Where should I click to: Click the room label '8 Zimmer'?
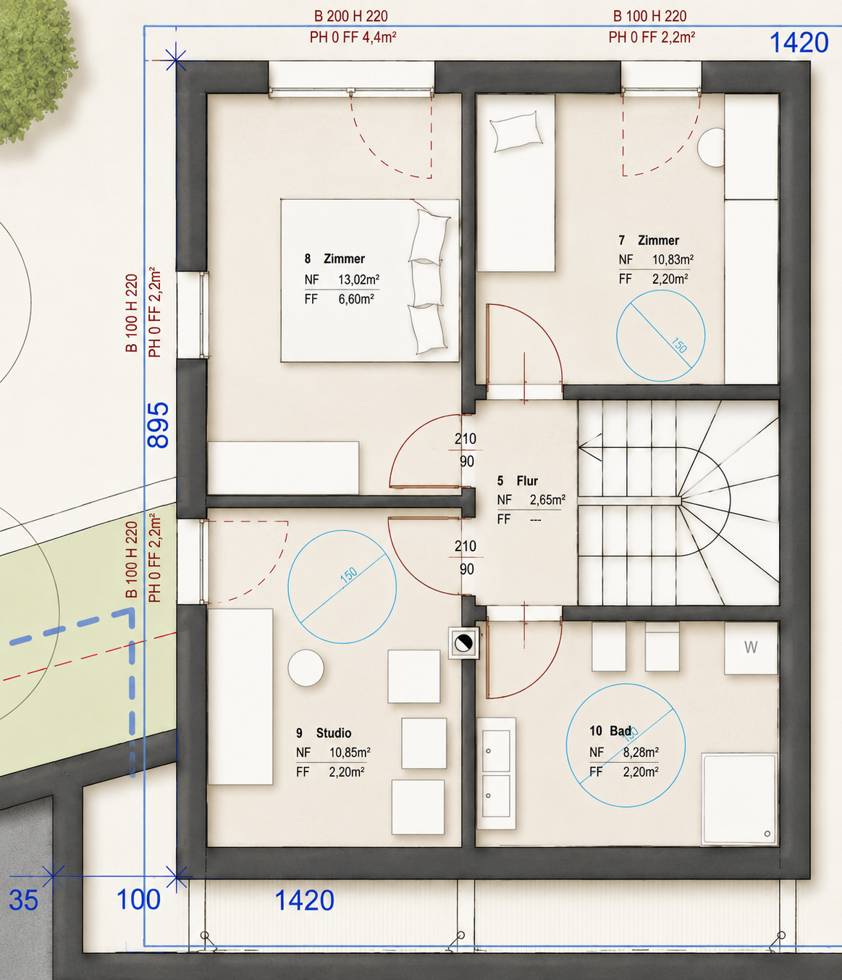click(x=334, y=259)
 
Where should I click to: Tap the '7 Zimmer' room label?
click(x=649, y=240)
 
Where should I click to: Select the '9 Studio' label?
click(x=324, y=733)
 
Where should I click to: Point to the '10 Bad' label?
click(x=610, y=731)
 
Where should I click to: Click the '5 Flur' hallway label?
click(x=517, y=481)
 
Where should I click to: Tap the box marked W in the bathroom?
click(x=751, y=648)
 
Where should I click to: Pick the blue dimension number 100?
click(x=138, y=900)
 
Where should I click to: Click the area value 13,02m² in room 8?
click(x=358, y=280)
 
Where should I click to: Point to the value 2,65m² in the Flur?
click(x=547, y=500)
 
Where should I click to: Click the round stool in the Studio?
click(x=306, y=668)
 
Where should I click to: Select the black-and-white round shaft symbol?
click(x=463, y=643)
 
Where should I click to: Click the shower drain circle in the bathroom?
click(x=767, y=833)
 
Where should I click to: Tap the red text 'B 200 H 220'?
click(x=350, y=16)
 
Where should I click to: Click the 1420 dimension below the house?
click(x=304, y=900)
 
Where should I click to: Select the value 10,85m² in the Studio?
click(x=350, y=753)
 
